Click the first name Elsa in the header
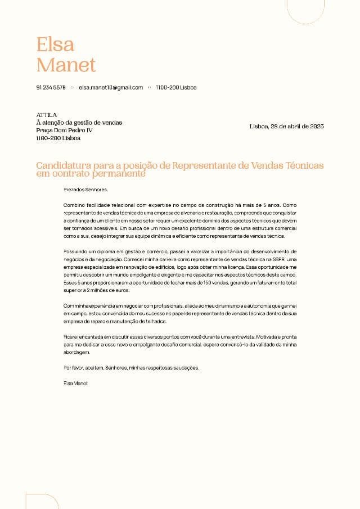(x=55, y=44)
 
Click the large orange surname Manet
(x=66, y=65)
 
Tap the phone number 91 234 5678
(x=51, y=88)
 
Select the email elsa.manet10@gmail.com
(x=111, y=88)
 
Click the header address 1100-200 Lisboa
(x=176, y=88)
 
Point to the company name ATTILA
(x=46, y=115)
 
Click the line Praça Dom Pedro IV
(x=64, y=130)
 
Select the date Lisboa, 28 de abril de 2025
(x=286, y=127)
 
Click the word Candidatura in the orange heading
(x=62, y=166)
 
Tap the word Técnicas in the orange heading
(x=304, y=166)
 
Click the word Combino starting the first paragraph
(x=73, y=206)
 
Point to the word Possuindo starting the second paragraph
(x=76, y=250)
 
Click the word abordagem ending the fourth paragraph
(x=76, y=352)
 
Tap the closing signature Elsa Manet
(x=76, y=383)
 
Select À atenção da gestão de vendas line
(x=79, y=123)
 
